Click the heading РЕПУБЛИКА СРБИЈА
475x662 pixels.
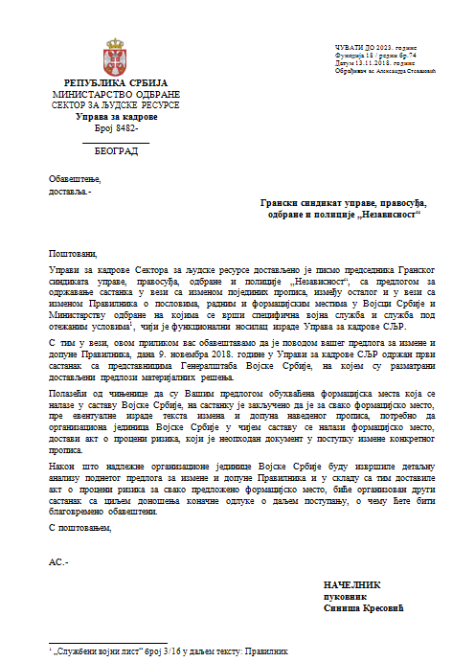pos(116,84)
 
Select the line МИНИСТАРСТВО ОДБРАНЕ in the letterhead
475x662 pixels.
pos(116,95)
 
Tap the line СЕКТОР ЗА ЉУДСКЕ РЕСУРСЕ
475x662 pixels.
pos(116,105)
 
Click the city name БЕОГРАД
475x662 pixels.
pos(116,151)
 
